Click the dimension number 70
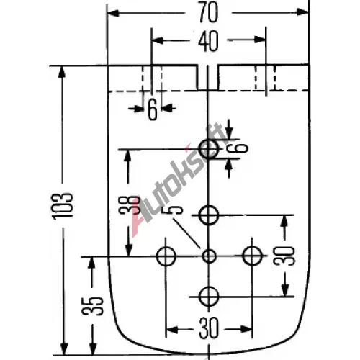tap(208, 12)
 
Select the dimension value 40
tap(208, 41)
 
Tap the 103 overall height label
tap(63, 207)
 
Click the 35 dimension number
tap(92, 306)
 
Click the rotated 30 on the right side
tap(284, 256)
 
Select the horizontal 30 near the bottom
tap(209, 328)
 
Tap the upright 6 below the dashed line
tap(153, 109)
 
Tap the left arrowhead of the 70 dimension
tap(113, 13)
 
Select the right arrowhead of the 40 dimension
tap(259, 40)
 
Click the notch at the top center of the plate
tap(208, 77)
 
